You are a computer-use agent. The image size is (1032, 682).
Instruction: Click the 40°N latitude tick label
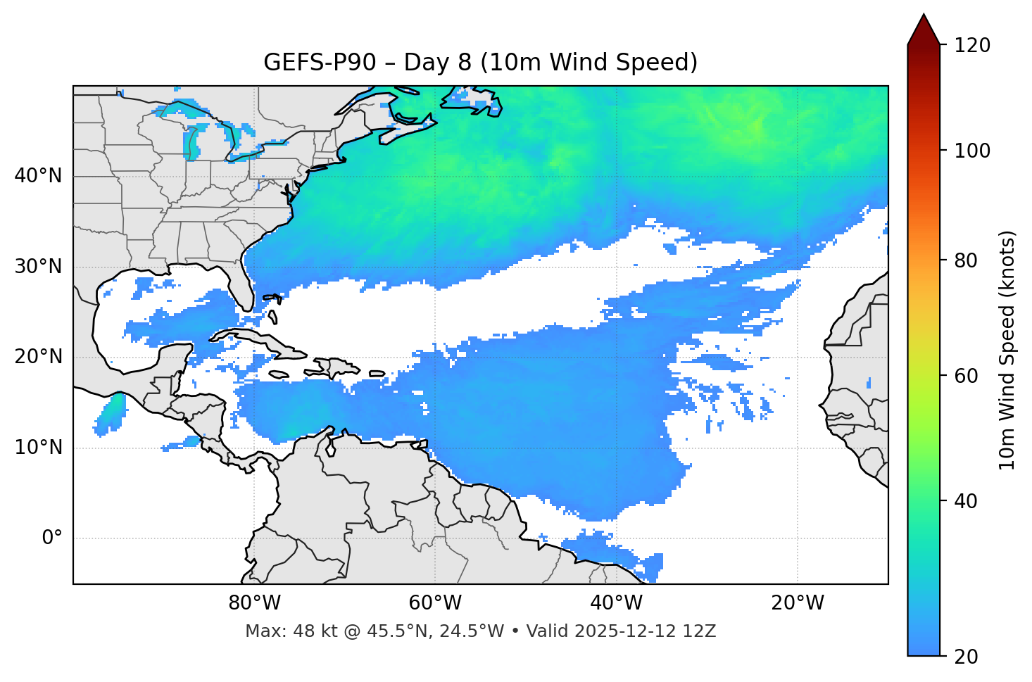38,176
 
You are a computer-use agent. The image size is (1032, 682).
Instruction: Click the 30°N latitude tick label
38,267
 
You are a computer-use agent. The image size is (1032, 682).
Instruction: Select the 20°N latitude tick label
38,357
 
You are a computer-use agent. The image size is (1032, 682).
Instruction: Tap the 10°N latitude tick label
38,448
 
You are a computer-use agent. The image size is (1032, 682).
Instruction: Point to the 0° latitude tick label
52,538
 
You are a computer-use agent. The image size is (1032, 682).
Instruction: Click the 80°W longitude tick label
254,603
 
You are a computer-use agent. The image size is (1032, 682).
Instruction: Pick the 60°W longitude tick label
435,603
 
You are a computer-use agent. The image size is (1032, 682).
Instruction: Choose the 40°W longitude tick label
616,603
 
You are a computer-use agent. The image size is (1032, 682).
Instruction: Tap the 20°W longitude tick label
797,603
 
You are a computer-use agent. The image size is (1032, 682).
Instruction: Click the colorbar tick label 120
971,46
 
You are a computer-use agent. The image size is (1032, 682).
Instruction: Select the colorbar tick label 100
971,151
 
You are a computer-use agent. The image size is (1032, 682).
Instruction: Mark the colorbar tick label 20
966,657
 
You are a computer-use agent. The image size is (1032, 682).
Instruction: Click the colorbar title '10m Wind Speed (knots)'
1007,350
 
